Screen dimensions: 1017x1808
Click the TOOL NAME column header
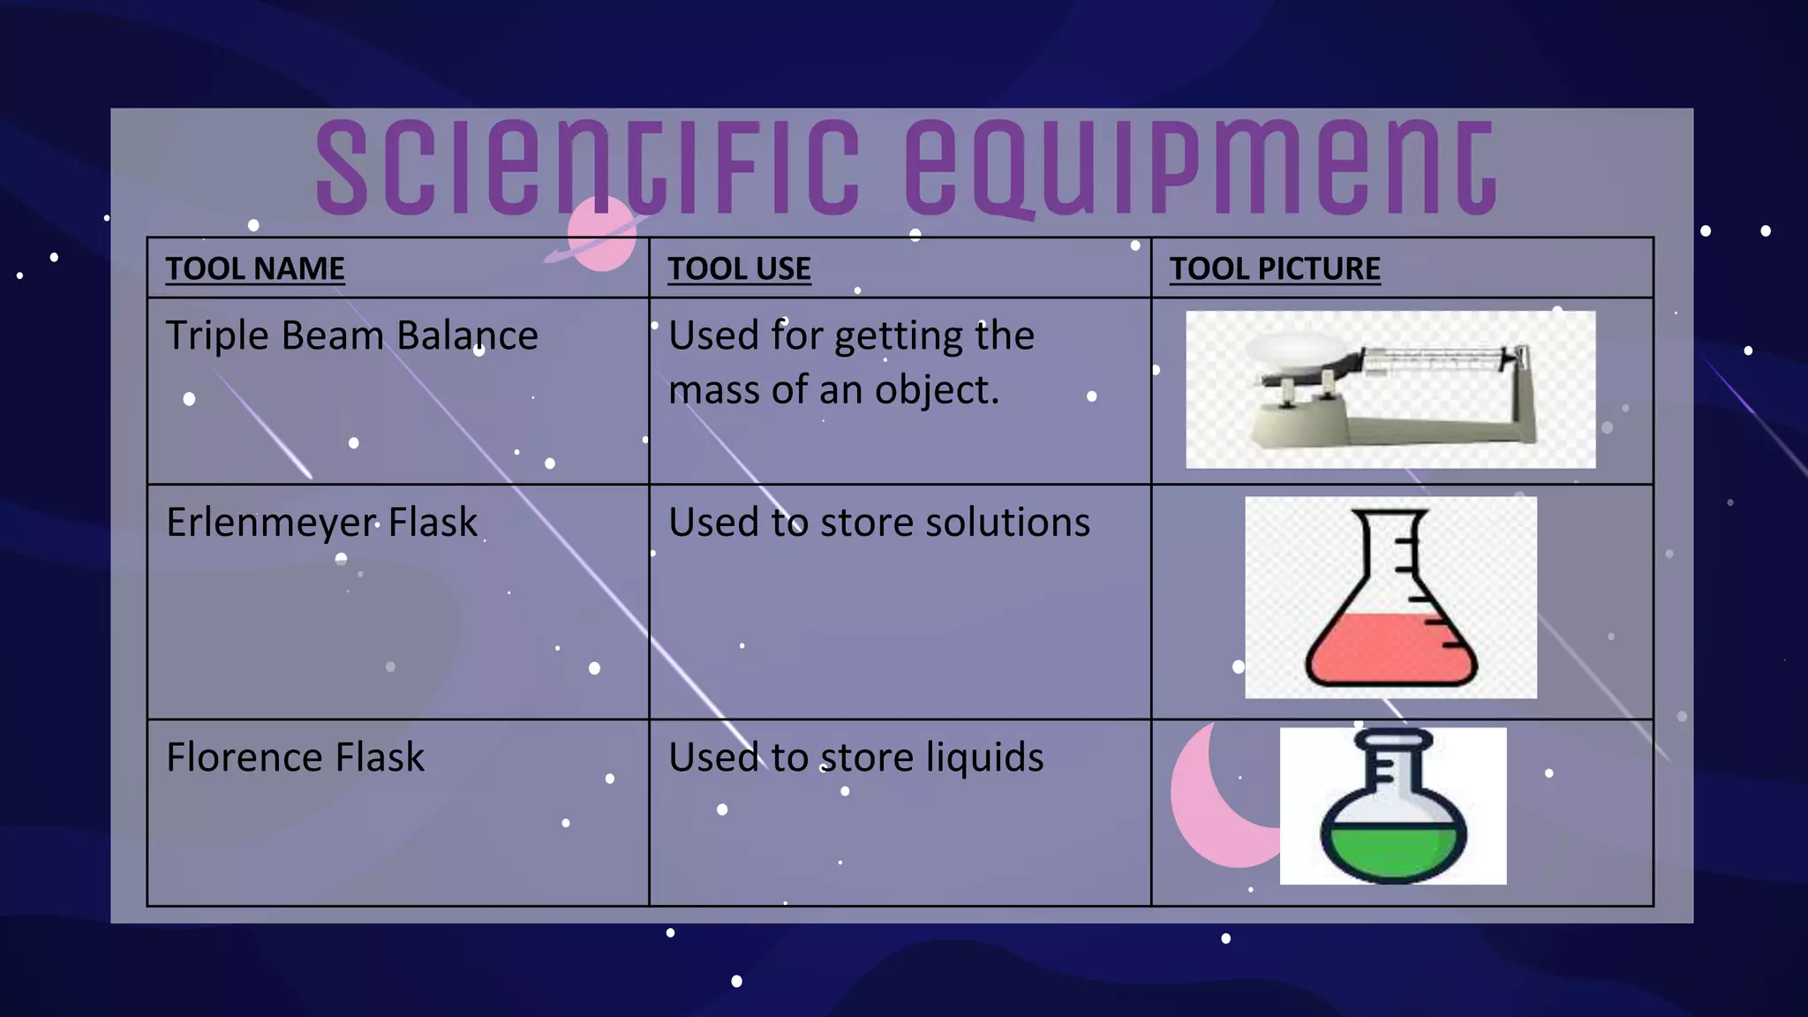255,268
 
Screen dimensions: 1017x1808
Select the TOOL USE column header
739,268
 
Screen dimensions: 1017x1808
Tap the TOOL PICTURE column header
1275,268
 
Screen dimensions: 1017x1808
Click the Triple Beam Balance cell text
351,336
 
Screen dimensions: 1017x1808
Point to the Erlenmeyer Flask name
321,523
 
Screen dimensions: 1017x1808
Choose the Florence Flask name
295,757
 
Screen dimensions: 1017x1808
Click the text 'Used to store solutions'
879,523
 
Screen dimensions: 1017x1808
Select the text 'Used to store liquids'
855,757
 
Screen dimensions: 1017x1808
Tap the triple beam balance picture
1390,389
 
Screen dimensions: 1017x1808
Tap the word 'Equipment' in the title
1201,168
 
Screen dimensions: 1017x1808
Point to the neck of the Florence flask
1394,768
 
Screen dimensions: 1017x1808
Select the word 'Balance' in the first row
467,336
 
